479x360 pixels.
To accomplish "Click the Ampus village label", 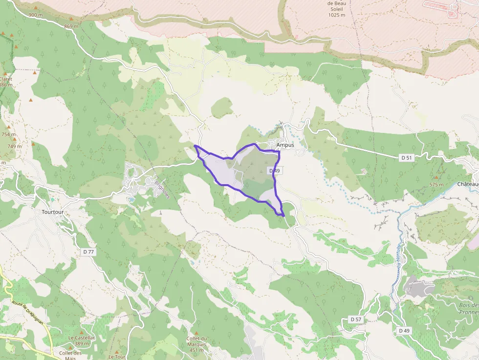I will [285, 145].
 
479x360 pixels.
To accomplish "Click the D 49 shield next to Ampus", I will [274, 170].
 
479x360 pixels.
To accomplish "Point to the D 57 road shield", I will [356, 319].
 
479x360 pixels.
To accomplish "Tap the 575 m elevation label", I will [436, 185].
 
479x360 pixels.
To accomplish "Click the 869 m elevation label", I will [71, 26].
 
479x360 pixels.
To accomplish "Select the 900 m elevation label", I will [35, 15].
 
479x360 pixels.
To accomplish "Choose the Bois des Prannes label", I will [469, 309].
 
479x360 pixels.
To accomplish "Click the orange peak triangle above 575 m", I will [436, 177].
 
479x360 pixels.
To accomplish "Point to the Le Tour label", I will [117, 357].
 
